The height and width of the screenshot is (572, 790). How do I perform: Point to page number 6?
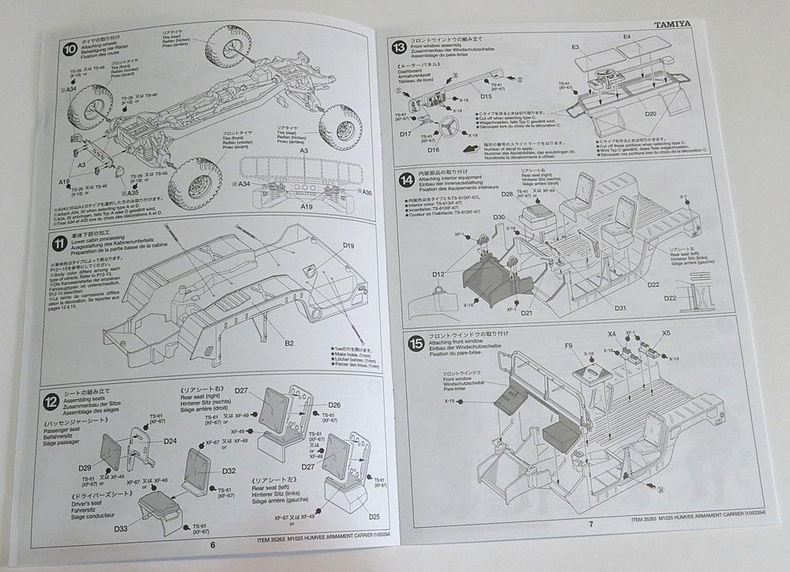213,544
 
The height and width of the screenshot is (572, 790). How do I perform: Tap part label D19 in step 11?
350,246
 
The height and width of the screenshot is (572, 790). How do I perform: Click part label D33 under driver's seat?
121,528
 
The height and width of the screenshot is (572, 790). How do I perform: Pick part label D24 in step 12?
170,442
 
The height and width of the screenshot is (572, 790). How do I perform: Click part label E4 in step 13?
627,36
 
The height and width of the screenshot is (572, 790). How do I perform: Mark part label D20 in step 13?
650,114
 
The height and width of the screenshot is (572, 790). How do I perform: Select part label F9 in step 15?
570,345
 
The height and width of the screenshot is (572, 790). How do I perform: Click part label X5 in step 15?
666,333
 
